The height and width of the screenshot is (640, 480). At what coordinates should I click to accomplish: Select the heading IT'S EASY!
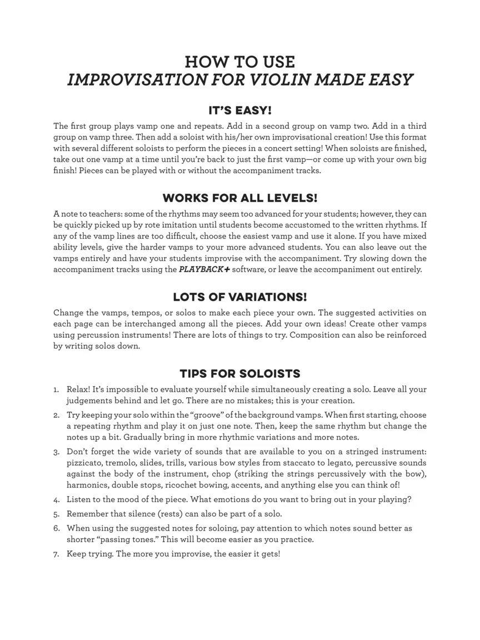pos(240,110)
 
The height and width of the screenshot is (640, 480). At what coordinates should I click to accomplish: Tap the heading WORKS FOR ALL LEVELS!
pos(240,198)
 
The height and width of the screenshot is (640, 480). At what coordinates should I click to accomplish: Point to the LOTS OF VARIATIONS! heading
pos(240,297)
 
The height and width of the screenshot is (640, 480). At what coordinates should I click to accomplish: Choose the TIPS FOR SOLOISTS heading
pos(240,373)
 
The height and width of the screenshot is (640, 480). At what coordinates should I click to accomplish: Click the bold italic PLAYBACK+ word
pos(203,269)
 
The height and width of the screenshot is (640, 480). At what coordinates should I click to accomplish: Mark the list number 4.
pos(56,499)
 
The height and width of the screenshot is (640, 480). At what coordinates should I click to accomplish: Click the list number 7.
pos(56,554)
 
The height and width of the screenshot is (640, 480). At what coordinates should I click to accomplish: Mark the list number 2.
pos(56,415)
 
